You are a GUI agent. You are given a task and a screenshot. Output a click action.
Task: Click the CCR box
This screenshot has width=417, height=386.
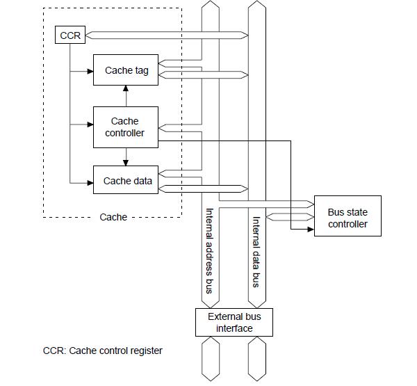[69, 35]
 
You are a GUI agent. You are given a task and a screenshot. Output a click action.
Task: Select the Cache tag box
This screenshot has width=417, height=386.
[126, 70]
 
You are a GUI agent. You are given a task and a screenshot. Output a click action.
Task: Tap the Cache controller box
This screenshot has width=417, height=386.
[126, 127]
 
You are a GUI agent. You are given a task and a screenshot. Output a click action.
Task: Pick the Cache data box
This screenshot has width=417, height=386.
[126, 181]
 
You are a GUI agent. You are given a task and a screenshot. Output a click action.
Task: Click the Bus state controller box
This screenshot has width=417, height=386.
[347, 218]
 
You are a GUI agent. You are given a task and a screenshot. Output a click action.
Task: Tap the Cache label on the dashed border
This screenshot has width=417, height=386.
[113, 217]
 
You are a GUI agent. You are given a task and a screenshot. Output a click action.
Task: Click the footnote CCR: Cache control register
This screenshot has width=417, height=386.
[103, 351]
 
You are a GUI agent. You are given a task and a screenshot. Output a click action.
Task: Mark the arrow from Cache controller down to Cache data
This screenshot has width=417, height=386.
[126, 156]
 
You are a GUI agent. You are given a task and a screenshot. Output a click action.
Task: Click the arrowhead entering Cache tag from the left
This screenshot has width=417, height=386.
[90, 70]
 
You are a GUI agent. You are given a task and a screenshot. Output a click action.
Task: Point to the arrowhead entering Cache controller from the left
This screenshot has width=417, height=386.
[90, 125]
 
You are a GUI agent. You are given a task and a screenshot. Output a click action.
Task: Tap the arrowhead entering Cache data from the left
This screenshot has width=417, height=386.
[90, 183]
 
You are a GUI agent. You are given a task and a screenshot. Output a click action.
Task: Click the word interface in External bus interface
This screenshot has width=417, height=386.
[234, 328]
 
